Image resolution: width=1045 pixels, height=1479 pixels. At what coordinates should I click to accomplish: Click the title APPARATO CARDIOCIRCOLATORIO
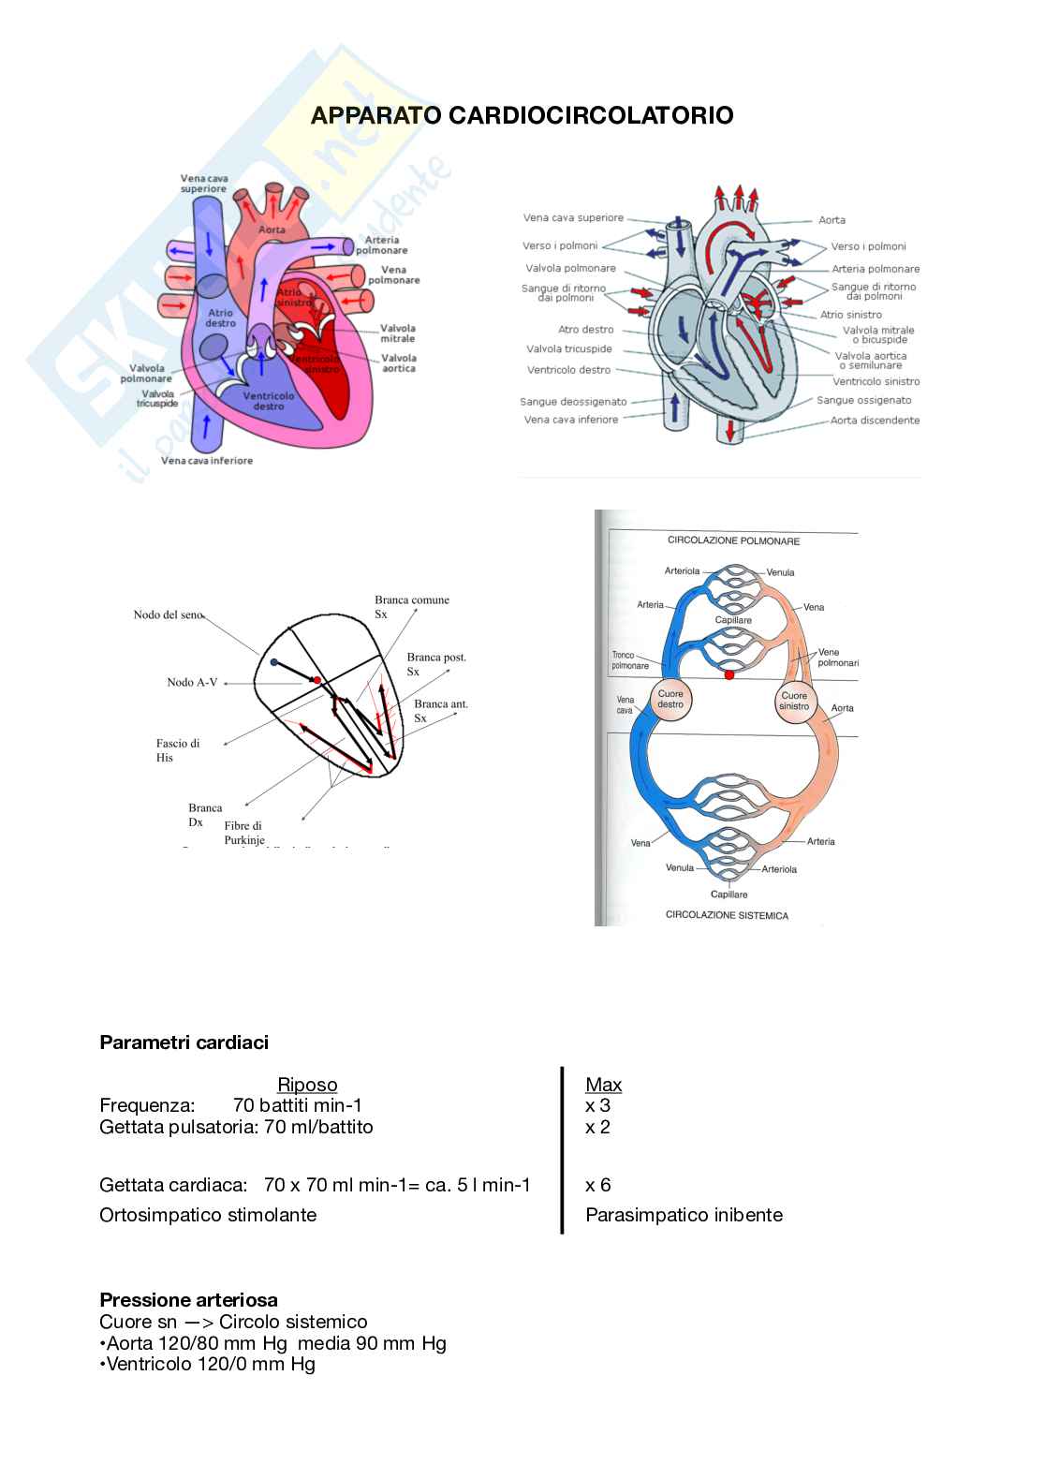pos(522,115)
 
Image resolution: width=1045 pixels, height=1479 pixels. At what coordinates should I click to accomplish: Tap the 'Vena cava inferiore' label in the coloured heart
pos(206,460)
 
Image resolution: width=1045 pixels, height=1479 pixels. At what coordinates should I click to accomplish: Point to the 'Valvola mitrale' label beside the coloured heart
pos(398,333)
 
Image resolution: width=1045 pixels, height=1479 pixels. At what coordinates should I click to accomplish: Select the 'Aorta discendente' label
pos(875,421)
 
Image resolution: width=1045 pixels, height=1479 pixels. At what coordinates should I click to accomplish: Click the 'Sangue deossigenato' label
pos(573,402)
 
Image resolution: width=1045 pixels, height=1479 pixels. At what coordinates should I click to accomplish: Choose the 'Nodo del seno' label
pos(168,615)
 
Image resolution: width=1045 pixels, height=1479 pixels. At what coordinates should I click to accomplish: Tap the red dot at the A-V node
pos(317,680)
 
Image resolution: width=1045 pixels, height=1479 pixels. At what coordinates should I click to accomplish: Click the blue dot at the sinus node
pos(273,662)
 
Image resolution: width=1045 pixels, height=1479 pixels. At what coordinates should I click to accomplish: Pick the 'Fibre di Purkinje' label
pos(244,833)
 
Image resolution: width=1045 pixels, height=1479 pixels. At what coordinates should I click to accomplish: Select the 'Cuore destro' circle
pos(670,700)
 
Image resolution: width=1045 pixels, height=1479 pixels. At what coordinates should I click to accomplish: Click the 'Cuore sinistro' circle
pos(794,701)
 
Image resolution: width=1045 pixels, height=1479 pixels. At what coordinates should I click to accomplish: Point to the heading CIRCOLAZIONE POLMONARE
pos(733,540)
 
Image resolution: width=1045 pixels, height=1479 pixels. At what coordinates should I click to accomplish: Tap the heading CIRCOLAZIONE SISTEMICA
pos(727,915)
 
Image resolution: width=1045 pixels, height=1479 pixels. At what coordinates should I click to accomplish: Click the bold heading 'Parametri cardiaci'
pos(184,1043)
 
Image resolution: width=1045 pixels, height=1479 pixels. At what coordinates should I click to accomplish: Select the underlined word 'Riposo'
pos(307,1085)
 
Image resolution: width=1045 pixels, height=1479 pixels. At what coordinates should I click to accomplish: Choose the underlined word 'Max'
pos(603,1085)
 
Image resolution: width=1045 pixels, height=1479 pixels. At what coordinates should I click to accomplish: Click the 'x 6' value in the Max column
pos(597,1185)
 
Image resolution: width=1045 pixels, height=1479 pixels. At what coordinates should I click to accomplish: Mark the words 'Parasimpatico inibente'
pos(684,1215)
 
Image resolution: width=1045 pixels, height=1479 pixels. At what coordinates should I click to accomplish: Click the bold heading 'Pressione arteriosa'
pos(188,1300)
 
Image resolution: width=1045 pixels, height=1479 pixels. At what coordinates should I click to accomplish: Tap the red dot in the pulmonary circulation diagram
pos(729,674)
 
